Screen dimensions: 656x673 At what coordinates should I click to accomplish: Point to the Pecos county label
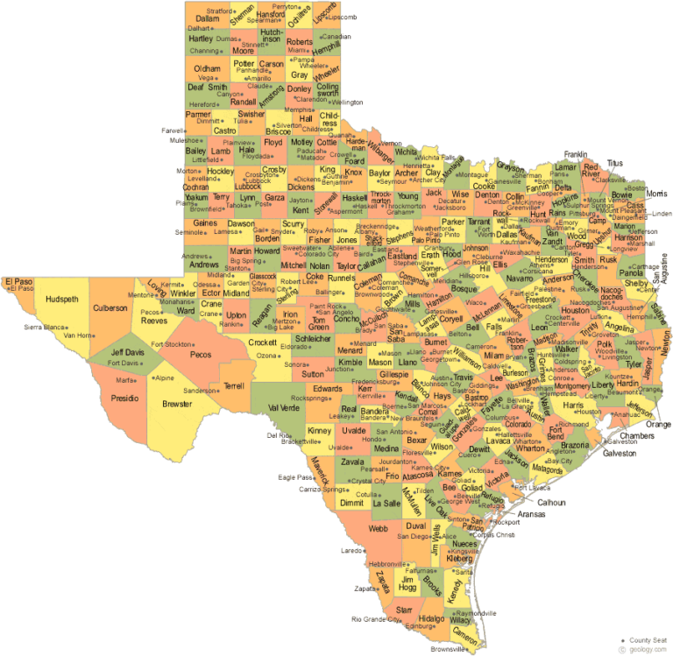(201, 354)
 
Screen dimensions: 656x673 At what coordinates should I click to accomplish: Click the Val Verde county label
(283, 407)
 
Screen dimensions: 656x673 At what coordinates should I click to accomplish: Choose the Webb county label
(378, 528)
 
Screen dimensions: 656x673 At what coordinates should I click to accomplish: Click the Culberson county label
(110, 308)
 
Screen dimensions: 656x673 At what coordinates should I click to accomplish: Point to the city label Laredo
(351, 551)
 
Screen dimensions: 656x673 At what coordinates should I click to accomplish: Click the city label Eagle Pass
(295, 477)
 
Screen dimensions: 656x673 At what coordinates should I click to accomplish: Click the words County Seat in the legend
(649, 640)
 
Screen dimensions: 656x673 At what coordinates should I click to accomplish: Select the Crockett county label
(263, 342)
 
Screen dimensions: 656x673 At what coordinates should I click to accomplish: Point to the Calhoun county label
(551, 503)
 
